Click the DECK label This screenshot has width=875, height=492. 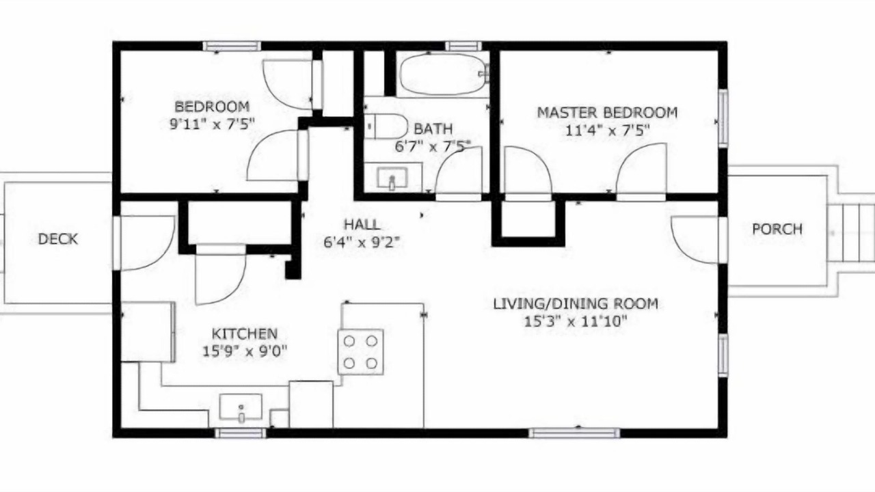click(58, 239)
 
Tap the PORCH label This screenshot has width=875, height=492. click(777, 229)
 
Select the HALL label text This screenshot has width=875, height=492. click(362, 225)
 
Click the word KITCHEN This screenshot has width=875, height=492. click(245, 333)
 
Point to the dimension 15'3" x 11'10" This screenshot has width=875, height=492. click(576, 321)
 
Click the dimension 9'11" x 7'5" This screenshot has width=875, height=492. click(212, 124)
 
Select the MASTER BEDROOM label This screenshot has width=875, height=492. click(608, 113)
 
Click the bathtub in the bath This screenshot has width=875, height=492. click(443, 74)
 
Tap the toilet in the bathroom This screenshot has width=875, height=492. click(385, 126)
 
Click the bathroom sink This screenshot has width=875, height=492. click(392, 178)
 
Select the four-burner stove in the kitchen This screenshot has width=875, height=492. click(360, 352)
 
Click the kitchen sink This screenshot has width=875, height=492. click(241, 407)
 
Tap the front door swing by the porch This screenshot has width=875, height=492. click(695, 240)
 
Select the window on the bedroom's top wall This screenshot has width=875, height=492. click(232, 46)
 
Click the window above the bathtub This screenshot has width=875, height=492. click(463, 46)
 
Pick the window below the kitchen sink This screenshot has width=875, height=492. click(241, 433)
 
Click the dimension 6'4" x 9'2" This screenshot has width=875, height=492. click(362, 243)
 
